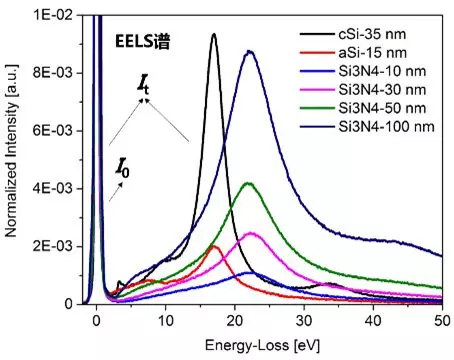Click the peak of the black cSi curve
[213, 35]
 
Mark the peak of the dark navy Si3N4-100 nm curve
[249, 52]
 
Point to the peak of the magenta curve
[251, 233]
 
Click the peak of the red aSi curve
[214, 246]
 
